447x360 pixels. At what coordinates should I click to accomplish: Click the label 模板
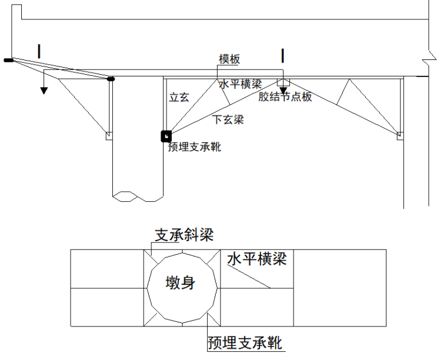[x=229, y=59]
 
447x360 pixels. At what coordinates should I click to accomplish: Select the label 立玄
[x=179, y=98]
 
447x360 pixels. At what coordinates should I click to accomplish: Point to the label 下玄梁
[x=228, y=120]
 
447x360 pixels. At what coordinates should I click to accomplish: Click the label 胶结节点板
[x=285, y=97]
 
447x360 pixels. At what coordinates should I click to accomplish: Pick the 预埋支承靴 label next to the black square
[x=195, y=147]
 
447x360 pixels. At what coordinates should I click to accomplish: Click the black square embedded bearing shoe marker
[x=166, y=136]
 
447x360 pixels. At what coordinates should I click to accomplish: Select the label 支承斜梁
[x=184, y=235]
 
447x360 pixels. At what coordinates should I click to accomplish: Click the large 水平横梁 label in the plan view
[x=257, y=259]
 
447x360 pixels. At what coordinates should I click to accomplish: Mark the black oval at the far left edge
[x=8, y=59]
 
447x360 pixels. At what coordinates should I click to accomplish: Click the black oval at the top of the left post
[x=110, y=78]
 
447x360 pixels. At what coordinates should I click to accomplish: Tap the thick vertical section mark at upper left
[x=39, y=51]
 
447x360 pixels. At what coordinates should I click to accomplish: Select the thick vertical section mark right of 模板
[x=283, y=55]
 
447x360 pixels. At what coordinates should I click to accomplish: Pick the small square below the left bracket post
[x=108, y=136]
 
